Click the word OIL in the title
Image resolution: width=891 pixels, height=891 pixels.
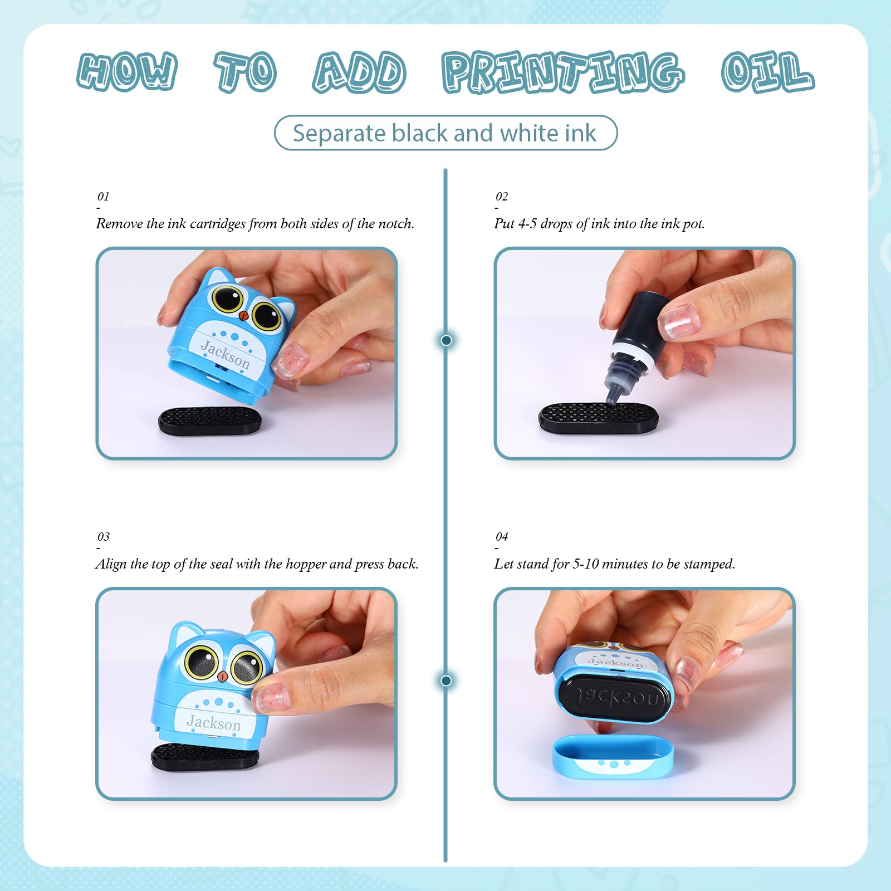[767, 72]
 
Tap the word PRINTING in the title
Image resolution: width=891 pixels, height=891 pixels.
[563, 72]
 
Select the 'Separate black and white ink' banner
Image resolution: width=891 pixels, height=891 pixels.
[445, 133]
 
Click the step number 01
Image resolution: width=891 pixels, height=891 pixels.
[104, 196]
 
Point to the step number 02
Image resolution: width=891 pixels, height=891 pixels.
[502, 196]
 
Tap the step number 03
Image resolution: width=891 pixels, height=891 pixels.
[104, 536]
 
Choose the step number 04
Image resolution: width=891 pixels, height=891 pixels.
[502, 536]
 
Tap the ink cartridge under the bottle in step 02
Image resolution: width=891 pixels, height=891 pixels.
[598, 418]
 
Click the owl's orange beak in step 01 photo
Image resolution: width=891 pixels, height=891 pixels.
[243, 315]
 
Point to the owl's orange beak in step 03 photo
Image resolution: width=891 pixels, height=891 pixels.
[222, 677]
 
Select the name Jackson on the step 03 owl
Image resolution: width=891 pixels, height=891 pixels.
[214, 722]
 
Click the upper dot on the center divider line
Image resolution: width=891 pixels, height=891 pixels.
[446, 340]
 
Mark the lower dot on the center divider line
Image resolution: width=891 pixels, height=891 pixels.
[446, 680]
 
